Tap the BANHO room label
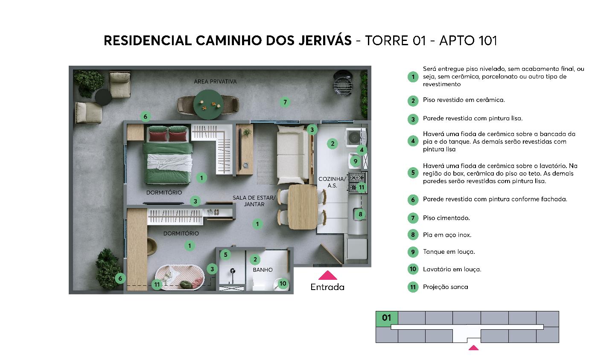tap(263, 270)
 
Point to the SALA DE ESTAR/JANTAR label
tap(254, 201)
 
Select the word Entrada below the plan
tap(327, 287)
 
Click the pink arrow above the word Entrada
tap(327, 275)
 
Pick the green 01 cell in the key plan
tap(387, 318)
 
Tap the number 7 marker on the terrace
tap(285, 102)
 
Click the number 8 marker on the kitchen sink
tap(360, 214)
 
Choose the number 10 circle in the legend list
tap(413, 269)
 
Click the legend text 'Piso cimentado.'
tap(446, 218)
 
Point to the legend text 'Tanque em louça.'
tap(449, 252)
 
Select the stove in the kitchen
tap(358, 183)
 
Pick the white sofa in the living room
tap(292, 154)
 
